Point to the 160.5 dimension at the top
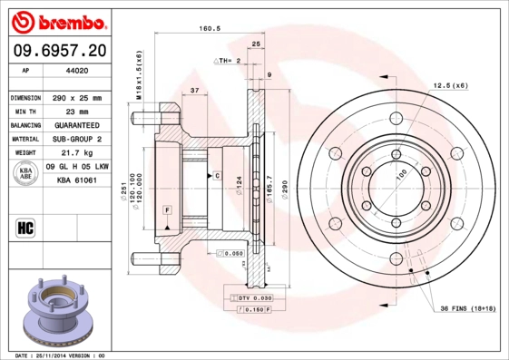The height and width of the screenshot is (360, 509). point(210,28)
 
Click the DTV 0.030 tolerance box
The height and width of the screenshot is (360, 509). point(250,297)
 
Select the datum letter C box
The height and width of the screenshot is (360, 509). point(217,174)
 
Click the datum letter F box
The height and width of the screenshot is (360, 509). point(168,210)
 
